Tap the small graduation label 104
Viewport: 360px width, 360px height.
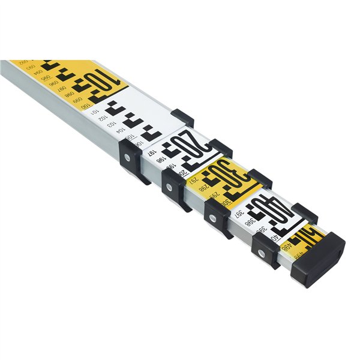(x=121, y=130)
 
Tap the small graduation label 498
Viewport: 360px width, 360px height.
(x=289, y=246)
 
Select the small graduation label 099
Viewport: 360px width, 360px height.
(x=77, y=100)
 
